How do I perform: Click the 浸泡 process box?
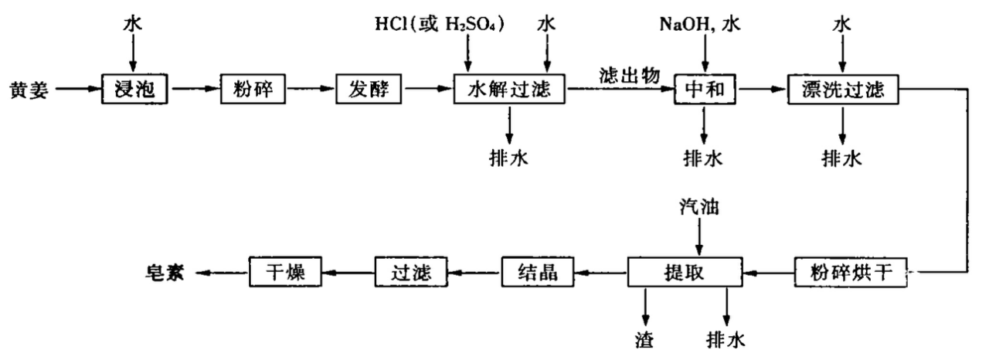coord(135,90)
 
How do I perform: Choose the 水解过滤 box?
coord(509,90)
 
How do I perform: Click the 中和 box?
coord(704,90)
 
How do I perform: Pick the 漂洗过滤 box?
coord(844,90)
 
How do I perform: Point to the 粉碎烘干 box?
coord(851,272)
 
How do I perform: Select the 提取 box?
coord(686,272)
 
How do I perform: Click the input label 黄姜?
coord(31,90)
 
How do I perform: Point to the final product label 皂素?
coord(168,272)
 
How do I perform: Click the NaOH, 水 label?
coord(699,24)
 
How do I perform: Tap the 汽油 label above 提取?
coord(697,206)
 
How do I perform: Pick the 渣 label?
coord(645,338)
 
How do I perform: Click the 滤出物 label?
coord(629,75)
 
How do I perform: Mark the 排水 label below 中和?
coord(703,158)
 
